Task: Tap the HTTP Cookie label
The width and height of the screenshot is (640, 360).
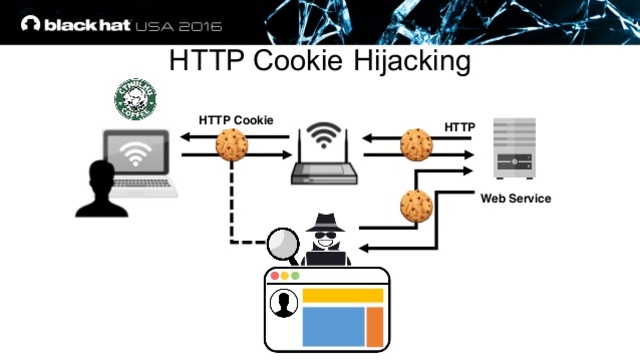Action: click(x=236, y=120)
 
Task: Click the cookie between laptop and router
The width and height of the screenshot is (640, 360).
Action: click(x=232, y=146)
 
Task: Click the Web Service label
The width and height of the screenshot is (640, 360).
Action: click(x=515, y=198)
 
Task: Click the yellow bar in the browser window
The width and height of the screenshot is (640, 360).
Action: click(x=343, y=295)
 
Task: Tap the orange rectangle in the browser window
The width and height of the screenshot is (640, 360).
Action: click(x=375, y=325)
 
